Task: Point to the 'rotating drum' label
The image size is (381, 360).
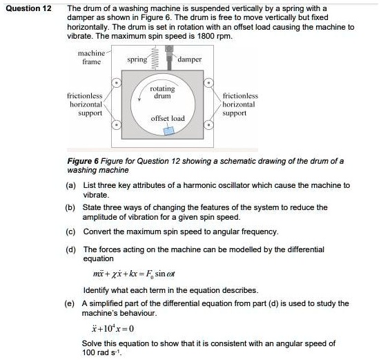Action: coord(162,92)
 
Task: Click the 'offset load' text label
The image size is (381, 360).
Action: coord(168,118)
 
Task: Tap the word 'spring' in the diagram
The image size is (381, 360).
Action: coord(137,59)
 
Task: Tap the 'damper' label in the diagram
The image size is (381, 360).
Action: coord(190,59)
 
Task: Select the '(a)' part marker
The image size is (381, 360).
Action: coord(70,185)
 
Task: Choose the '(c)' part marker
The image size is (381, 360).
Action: coord(70,231)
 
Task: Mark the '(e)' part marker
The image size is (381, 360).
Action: coord(70,303)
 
